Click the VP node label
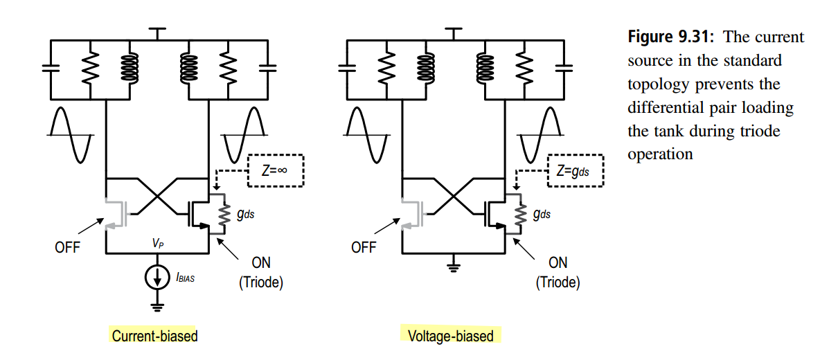click(158, 244)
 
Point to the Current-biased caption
click(154, 336)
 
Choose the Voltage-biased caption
click(450, 336)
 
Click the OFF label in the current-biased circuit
click(67, 247)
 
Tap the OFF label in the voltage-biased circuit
click(364, 247)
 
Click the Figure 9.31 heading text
click(671, 37)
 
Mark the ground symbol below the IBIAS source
click(157, 307)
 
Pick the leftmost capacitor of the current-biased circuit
click(51, 68)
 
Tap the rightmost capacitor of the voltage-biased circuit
click(564, 68)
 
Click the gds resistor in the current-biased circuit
click(224, 214)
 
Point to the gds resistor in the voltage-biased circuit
click(521, 214)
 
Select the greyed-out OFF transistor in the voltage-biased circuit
click(413, 214)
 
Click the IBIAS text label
click(186, 278)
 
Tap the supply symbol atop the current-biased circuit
click(157, 33)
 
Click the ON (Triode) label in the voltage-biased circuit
click(558, 273)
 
